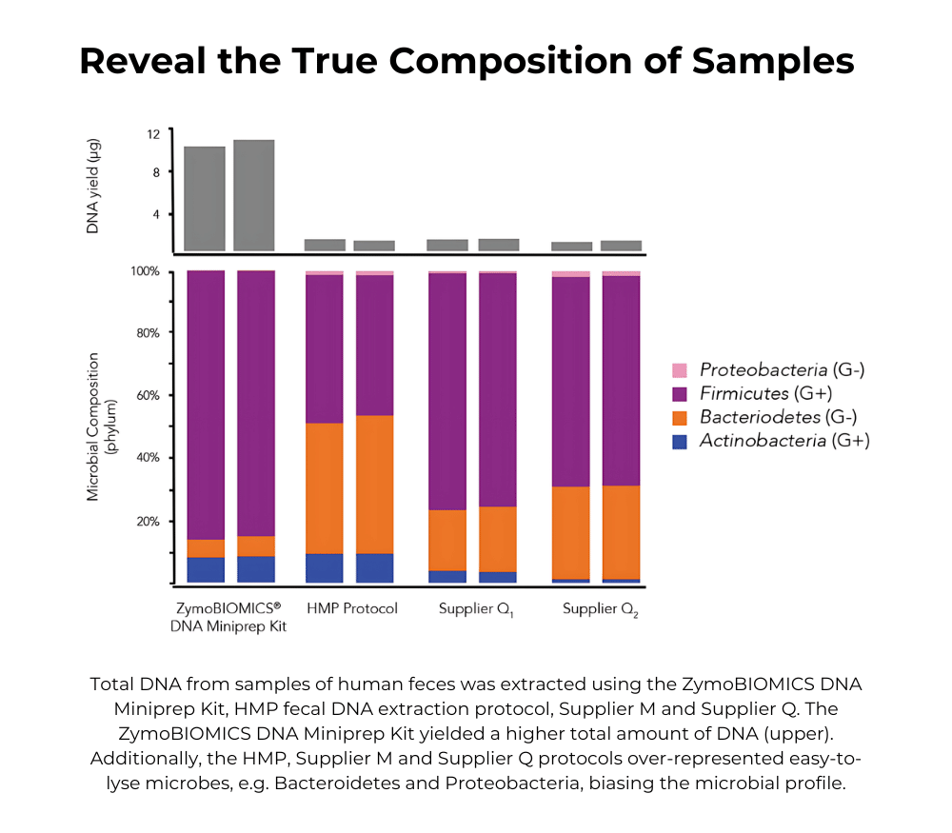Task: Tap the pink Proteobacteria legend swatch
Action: [x=679, y=369]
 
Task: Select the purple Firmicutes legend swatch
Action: [x=679, y=392]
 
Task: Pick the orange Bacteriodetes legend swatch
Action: [x=679, y=416]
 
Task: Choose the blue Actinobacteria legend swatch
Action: [x=679, y=440]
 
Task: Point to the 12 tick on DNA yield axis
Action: [x=153, y=133]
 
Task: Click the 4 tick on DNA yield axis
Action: [x=154, y=214]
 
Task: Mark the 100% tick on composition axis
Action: [x=146, y=271]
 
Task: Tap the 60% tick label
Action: [x=148, y=395]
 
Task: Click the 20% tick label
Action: [x=148, y=522]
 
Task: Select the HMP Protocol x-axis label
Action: [x=351, y=608]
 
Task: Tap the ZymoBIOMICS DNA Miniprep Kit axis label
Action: [x=228, y=617]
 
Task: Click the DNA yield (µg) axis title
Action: [x=93, y=187]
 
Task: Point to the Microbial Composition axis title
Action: [x=99, y=426]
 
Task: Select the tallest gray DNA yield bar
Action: [x=254, y=195]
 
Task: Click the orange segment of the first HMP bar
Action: [x=324, y=487]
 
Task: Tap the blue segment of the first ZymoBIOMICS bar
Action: [x=206, y=569]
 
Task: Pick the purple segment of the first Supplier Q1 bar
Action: [x=447, y=390]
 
